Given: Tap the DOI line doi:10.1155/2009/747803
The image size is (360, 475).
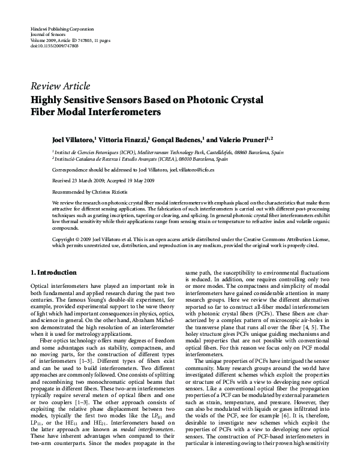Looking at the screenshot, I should pyautogui.click(x=54, y=46).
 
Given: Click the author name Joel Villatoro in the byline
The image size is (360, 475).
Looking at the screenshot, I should pyautogui.click(x=74, y=139).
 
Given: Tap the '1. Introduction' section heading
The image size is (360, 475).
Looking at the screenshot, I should pyautogui.click(x=53, y=272).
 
